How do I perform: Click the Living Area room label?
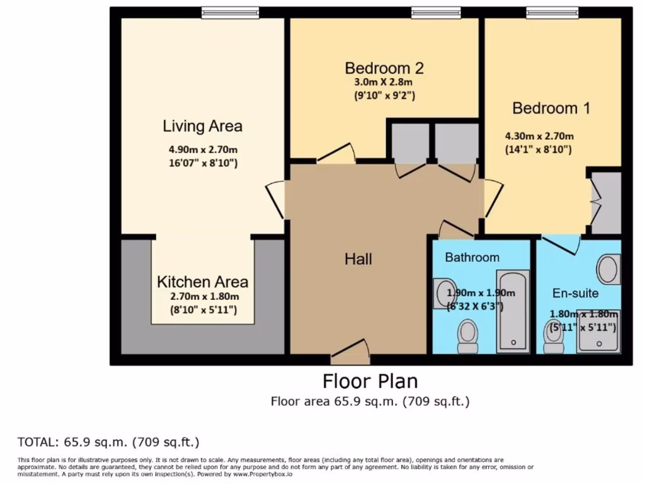pyautogui.click(x=202, y=126)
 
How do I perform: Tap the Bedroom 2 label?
pyautogui.click(x=384, y=68)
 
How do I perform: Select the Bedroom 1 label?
pyautogui.click(x=551, y=108)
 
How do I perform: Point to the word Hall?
pyautogui.click(x=358, y=259)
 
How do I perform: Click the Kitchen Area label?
pyautogui.click(x=203, y=282)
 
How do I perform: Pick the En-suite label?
pyautogui.click(x=575, y=293)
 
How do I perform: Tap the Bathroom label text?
pyautogui.click(x=472, y=257)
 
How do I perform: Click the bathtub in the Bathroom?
pyautogui.click(x=513, y=311)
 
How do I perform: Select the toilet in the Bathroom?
pyautogui.click(x=467, y=335)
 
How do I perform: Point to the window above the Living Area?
pyautogui.click(x=231, y=13)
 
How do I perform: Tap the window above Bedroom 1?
pyautogui.click(x=552, y=13)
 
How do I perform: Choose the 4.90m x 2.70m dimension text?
pyautogui.click(x=203, y=149)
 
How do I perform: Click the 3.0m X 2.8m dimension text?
pyautogui.click(x=384, y=82)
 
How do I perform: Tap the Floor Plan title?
pyautogui.click(x=370, y=381)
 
